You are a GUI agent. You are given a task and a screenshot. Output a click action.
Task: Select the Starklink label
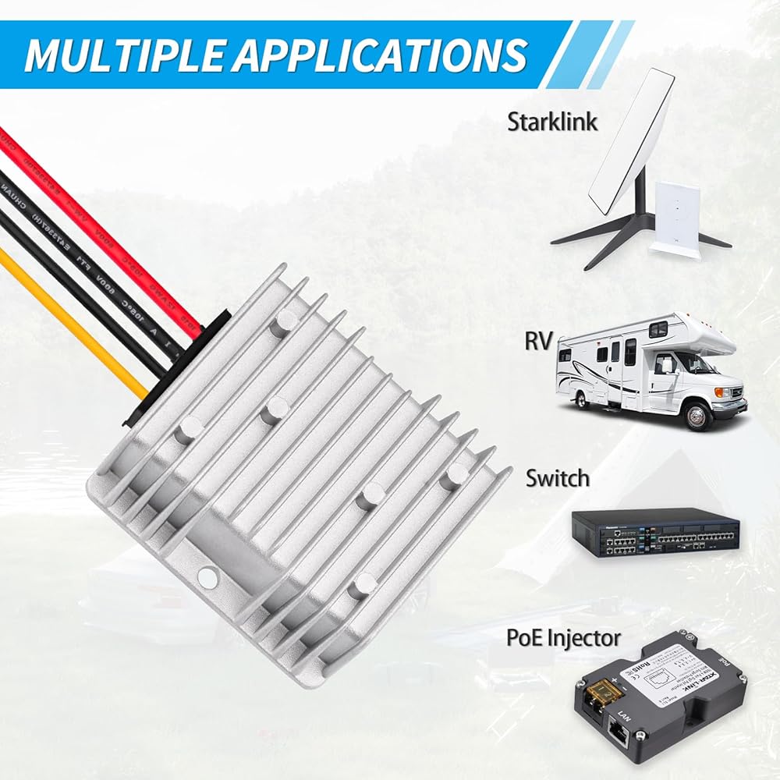pyautogui.click(x=552, y=122)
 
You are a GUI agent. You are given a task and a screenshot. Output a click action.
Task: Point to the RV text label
pyautogui.click(x=538, y=341)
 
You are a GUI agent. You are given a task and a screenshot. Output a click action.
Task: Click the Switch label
pyautogui.click(x=557, y=477)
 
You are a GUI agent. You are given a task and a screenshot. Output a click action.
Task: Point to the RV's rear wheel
pyautogui.click(x=580, y=398)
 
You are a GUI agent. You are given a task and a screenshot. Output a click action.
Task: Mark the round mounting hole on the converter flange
pyautogui.click(x=207, y=577)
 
